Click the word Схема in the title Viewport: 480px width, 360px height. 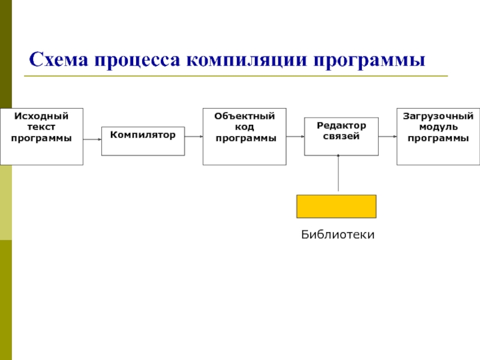point(58,59)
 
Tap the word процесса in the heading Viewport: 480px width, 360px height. point(137,61)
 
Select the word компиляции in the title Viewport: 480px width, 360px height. point(247,61)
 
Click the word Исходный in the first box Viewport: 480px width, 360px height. point(41,116)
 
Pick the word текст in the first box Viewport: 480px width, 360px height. point(41,127)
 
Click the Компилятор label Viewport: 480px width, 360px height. point(143,134)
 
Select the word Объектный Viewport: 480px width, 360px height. point(245,116)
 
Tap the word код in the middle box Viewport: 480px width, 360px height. point(245,127)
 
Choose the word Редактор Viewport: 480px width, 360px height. point(341,125)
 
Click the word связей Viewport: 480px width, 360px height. point(341,136)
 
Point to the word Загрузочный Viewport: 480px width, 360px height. point(438,116)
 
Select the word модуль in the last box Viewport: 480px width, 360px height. point(438,127)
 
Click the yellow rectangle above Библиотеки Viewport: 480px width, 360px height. point(337,206)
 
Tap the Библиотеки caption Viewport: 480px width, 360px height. point(338,235)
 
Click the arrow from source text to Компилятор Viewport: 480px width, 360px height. point(92,139)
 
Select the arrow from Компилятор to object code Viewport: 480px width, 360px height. point(194,137)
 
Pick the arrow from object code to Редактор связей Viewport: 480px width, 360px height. point(295,137)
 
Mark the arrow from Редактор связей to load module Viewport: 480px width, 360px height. point(388,137)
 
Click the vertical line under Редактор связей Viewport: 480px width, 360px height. point(338,173)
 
